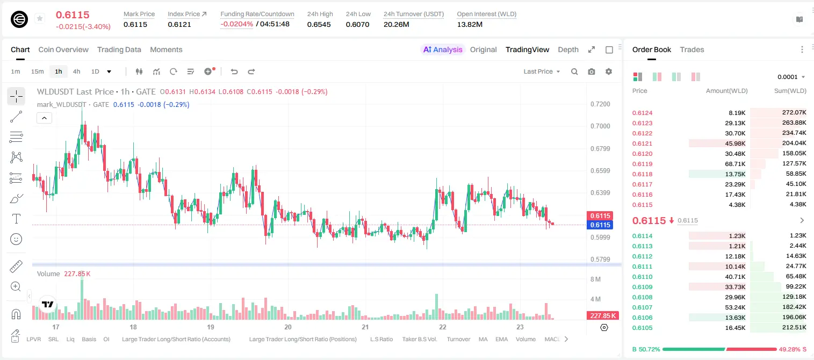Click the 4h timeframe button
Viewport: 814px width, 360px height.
tap(76, 71)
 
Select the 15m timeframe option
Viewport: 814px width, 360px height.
tap(38, 71)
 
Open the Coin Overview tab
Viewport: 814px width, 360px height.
tap(63, 49)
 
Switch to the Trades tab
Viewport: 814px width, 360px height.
tap(691, 49)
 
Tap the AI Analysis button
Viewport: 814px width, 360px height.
tap(443, 49)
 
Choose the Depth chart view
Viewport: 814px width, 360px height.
tap(568, 49)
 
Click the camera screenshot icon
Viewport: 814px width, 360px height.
tap(591, 71)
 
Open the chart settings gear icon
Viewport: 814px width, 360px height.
tap(609, 71)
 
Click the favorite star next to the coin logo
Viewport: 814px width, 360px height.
tap(40, 18)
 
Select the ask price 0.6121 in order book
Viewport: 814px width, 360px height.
tap(642, 143)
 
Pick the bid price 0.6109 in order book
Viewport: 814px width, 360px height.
tap(642, 287)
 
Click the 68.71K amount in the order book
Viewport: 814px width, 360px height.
tap(735, 164)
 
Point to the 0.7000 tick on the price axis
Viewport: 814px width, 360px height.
tap(600, 126)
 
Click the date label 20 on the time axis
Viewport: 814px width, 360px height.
tap(288, 327)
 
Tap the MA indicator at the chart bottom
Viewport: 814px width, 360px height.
tap(483, 339)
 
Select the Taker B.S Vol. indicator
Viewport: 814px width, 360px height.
tap(419, 339)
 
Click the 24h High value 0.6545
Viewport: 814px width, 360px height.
tap(319, 24)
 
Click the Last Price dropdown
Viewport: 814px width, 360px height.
tap(542, 71)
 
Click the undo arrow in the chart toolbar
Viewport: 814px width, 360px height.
tap(234, 71)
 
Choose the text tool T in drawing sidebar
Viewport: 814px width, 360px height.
tap(16, 219)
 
